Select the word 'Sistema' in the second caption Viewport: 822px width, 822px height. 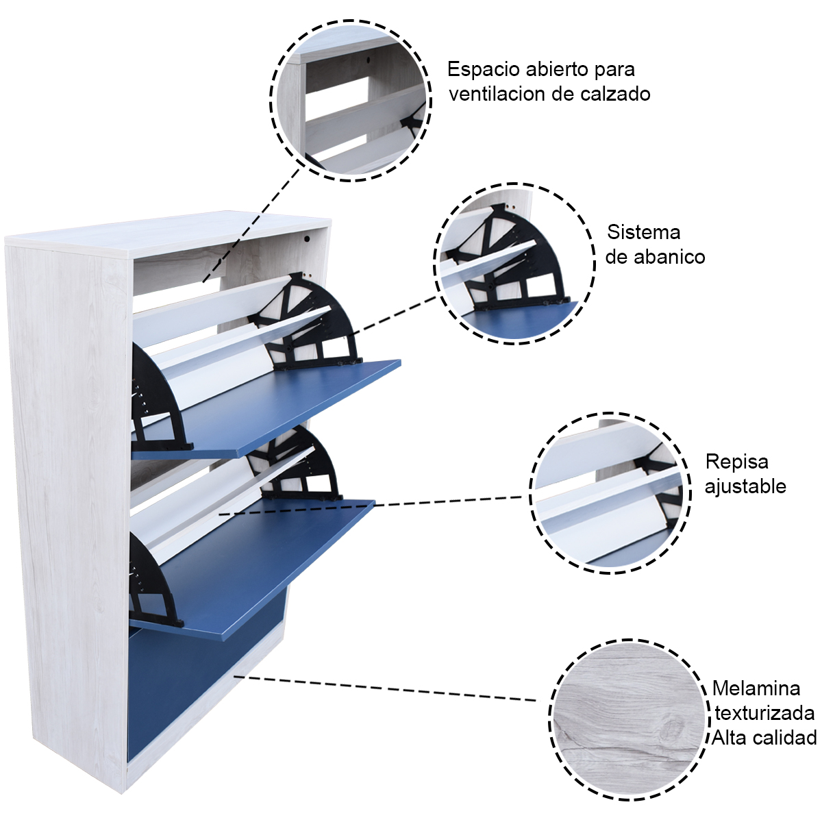click(643, 232)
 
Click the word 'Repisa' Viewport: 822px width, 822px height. click(736, 462)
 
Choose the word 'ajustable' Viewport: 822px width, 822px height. click(745, 486)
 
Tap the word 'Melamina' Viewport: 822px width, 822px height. click(756, 688)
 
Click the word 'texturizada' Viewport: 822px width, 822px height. click(764, 713)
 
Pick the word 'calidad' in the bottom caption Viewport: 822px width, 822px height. click(784, 738)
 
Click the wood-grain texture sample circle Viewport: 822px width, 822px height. click(629, 720)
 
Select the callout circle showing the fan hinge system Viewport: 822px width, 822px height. click(514, 264)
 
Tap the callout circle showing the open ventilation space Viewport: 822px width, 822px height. click(351, 101)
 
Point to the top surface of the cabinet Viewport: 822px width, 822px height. click(171, 232)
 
